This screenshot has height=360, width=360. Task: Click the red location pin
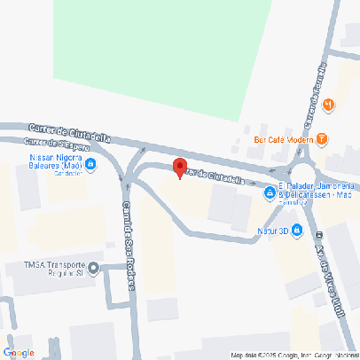coord(178,168)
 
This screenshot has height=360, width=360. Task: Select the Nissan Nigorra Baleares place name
coord(51,161)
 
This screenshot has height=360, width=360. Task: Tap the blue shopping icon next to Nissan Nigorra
coord(91,162)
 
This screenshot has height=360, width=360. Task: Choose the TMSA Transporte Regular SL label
coord(55,270)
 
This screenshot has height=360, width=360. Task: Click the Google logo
coord(19,352)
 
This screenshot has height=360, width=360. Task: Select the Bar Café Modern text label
coord(283,139)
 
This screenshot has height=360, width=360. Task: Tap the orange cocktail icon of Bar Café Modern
coord(321,139)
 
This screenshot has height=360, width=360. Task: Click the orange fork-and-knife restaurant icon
coord(329,106)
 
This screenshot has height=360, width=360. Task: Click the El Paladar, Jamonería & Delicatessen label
coord(317,189)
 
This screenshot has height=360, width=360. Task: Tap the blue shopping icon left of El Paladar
coord(270,194)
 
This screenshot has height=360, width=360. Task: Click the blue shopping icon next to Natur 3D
coord(297,232)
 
